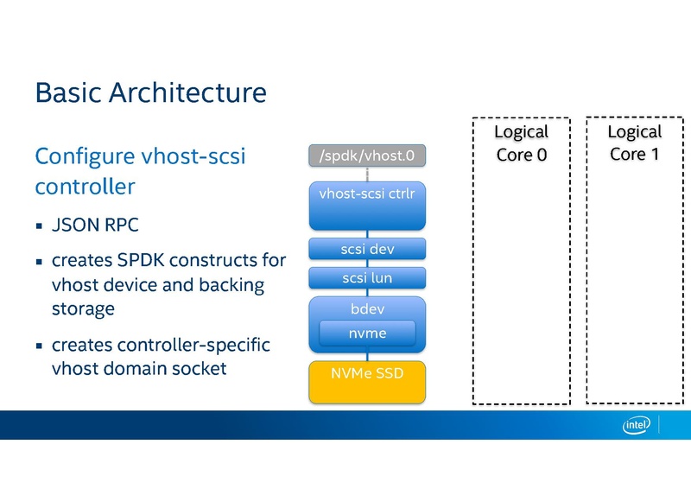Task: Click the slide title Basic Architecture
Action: tap(150, 92)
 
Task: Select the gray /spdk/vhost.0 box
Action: tap(367, 156)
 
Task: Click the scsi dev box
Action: tap(367, 249)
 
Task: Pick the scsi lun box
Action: tap(367, 278)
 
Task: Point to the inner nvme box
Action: tap(367, 333)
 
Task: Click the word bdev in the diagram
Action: tap(367, 309)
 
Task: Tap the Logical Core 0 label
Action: tap(521, 143)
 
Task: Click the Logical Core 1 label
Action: tap(634, 143)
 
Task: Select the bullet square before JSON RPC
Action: tap(39, 227)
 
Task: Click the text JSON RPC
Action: tap(95, 226)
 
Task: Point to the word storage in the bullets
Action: tap(83, 308)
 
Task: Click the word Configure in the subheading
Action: tap(83, 156)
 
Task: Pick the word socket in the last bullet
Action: tap(200, 368)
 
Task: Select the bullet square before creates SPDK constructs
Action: tap(39, 261)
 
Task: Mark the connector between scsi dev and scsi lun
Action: tap(368, 264)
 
